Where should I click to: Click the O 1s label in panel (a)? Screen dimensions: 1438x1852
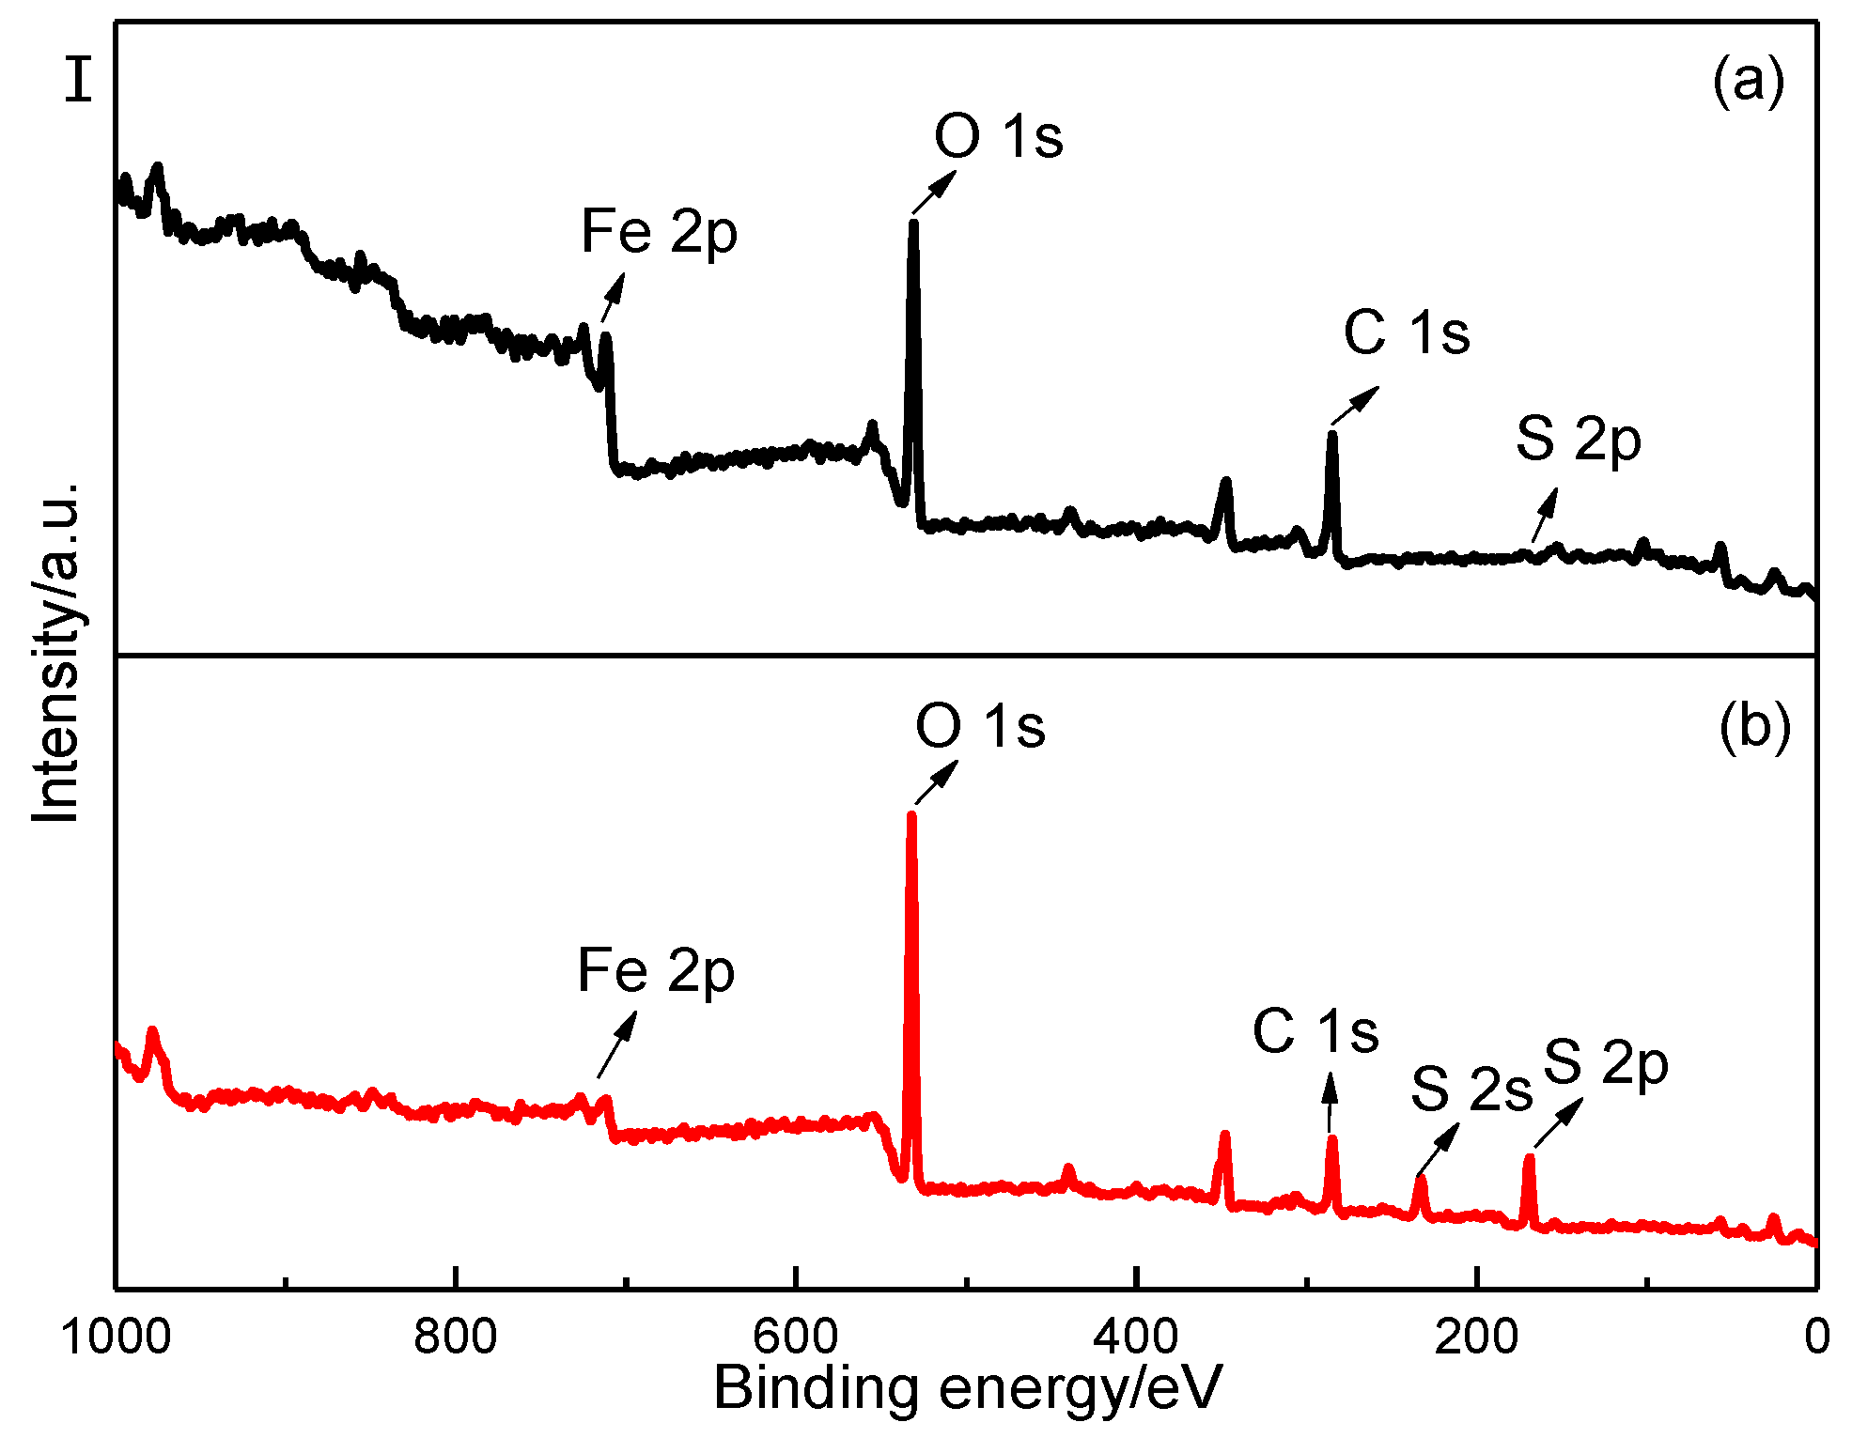pyautogui.click(x=998, y=137)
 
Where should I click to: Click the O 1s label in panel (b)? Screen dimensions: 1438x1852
pyautogui.click(x=979, y=727)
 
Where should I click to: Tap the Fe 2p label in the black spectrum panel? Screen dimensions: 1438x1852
pyautogui.click(x=659, y=232)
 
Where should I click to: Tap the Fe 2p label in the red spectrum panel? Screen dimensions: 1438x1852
pyautogui.click(x=655, y=971)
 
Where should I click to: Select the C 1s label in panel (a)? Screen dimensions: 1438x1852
pyautogui.click(x=1406, y=332)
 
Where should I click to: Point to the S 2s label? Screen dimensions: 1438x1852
pyautogui.click(x=1471, y=1090)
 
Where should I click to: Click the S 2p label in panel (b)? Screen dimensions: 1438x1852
pyautogui.click(x=1605, y=1064)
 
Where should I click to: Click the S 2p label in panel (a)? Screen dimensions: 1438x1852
pyautogui.click(x=1578, y=440)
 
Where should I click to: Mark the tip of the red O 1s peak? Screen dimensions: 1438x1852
pyautogui.click(x=910, y=815)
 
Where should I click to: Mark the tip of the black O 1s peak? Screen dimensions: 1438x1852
pyautogui.click(x=913, y=223)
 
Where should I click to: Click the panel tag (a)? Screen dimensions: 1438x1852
pyautogui.click(x=1748, y=81)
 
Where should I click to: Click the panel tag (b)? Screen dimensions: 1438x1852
pyautogui.click(x=1754, y=726)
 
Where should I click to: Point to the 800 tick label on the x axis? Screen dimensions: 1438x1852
pyautogui.click(x=455, y=1336)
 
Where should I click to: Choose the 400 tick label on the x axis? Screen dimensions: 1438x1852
pyautogui.click(x=1136, y=1336)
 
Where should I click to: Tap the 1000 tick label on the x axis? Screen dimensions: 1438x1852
pyautogui.click(x=116, y=1336)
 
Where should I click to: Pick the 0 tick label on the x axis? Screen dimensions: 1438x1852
pyautogui.click(x=1816, y=1336)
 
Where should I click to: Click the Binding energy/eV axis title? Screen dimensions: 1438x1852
pyautogui.click(x=968, y=1388)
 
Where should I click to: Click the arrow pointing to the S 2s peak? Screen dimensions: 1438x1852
pyautogui.click(x=1438, y=1149)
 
